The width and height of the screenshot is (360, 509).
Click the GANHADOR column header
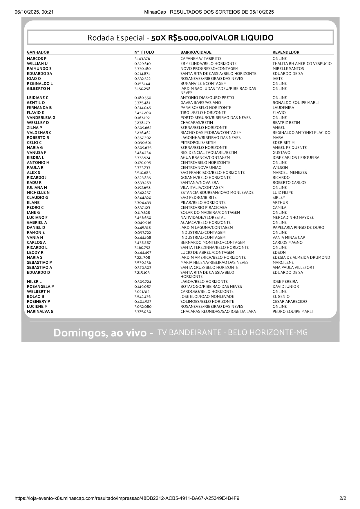pyautogui.click(x=38, y=52)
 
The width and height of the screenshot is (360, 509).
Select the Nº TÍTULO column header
pyautogui.click(x=144, y=52)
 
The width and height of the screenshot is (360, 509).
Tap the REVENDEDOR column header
pyautogui.click(x=286, y=52)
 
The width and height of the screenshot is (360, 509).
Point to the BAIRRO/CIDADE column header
pyautogui.click(x=196, y=52)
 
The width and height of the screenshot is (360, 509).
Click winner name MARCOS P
pyautogui.click(x=37, y=59)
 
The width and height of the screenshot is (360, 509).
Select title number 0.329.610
pyautogui.click(x=142, y=64)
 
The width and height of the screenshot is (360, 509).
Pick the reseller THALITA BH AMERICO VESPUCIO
pyautogui.click(x=302, y=64)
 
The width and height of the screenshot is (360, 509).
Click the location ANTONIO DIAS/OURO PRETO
pyautogui.click(x=207, y=98)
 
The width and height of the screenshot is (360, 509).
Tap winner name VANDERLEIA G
pyautogui.click(x=41, y=118)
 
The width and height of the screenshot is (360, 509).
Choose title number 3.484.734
pyautogui.click(x=142, y=153)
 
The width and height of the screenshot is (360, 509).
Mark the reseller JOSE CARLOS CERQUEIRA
pyautogui.click(x=296, y=158)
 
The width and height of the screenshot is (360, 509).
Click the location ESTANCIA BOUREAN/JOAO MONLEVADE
pyautogui.click(x=217, y=193)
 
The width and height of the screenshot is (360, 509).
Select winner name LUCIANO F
pyautogui.click(x=37, y=218)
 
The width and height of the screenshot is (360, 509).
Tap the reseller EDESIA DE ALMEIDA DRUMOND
pyautogui.click(x=301, y=258)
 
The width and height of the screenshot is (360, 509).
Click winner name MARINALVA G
pyautogui.click(x=40, y=311)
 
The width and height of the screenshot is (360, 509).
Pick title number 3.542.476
pyautogui.click(x=142, y=297)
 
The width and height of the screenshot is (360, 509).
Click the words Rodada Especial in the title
pyautogui.click(x=116, y=38)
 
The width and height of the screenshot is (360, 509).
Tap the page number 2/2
pyautogui.click(x=343, y=498)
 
